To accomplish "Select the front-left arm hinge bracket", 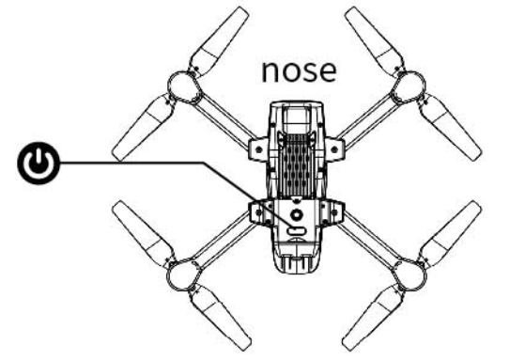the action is pyautogui.click(x=259, y=146).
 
